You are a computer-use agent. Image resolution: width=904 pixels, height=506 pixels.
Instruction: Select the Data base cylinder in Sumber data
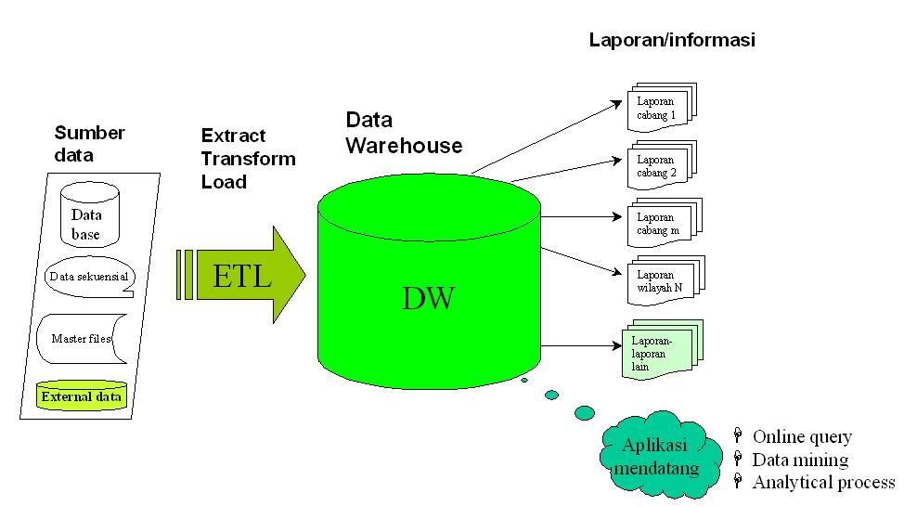pyautogui.click(x=89, y=214)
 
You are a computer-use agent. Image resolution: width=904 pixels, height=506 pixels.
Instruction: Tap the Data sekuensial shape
pyautogui.click(x=88, y=277)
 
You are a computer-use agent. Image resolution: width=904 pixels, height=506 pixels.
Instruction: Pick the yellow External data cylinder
pyautogui.click(x=81, y=396)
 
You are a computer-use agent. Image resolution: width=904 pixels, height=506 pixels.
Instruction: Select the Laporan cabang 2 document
pyautogui.click(x=658, y=166)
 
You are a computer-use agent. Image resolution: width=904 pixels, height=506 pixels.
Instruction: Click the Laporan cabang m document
pyautogui.click(x=658, y=224)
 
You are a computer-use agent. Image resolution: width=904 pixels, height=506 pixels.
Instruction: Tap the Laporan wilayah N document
pyautogui.click(x=660, y=281)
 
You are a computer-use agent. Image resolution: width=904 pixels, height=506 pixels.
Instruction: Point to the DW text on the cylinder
pyautogui.click(x=429, y=298)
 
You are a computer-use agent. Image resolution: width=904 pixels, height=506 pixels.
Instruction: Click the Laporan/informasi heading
pyautogui.click(x=673, y=40)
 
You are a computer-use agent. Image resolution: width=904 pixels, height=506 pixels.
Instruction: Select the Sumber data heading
pyautogui.click(x=89, y=144)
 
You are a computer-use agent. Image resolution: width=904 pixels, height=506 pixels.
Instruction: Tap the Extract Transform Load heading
pyautogui.click(x=248, y=159)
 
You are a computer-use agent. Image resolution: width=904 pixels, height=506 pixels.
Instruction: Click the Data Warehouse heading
pyautogui.click(x=404, y=133)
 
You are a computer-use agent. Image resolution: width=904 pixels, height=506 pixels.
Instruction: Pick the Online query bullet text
pyautogui.click(x=801, y=436)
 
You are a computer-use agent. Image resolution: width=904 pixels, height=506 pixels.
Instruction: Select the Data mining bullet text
pyautogui.click(x=799, y=460)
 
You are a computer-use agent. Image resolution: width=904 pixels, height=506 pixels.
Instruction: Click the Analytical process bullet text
pyautogui.click(x=822, y=483)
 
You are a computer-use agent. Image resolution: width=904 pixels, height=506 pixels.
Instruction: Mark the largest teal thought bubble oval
pyautogui.click(x=585, y=412)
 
